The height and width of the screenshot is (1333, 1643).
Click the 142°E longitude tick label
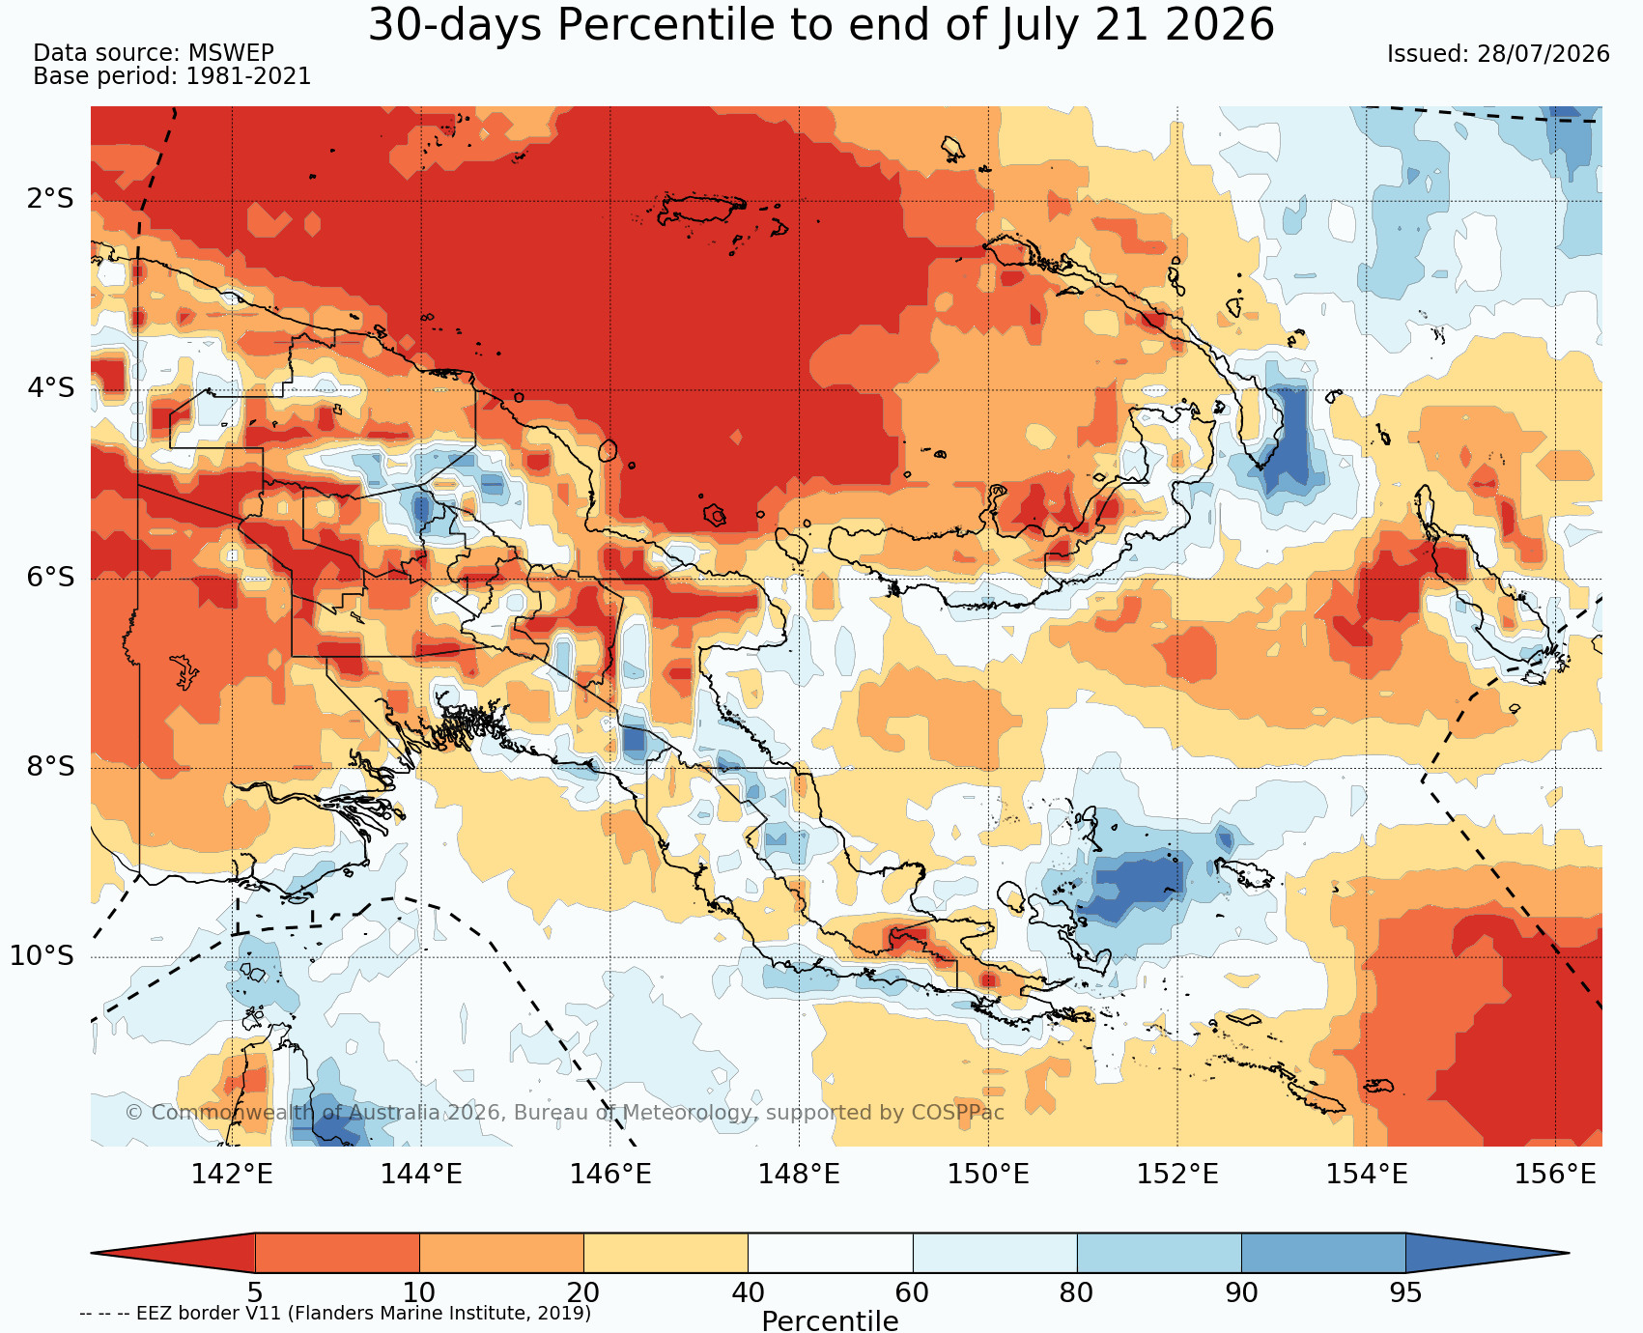(x=232, y=1174)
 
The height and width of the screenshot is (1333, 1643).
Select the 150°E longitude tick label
(x=988, y=1174)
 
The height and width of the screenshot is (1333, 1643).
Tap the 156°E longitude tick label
(x=1555, y=1174)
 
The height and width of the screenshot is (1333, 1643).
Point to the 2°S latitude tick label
(x=50, y=200)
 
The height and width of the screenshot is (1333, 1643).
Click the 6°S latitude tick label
(x=50, y=578)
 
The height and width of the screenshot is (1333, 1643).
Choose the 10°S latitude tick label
(x=42, y=956)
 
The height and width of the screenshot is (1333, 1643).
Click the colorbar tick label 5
(x=255, y=1292)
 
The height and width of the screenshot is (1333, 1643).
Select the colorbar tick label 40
(x=748, y=1292)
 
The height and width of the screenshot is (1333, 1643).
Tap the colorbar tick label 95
(x=1405, y=1292)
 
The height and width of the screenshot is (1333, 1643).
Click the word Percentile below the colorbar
(x=830, y=1320)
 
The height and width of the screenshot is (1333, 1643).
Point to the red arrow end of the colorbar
(x=173, y=1253)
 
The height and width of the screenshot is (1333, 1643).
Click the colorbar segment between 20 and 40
(x=666, y=1253)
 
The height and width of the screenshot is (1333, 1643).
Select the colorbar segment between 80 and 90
(x=1159, y=1253)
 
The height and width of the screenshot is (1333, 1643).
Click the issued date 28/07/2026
(x=1544, y=54)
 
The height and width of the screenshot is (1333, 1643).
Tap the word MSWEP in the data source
(x=231, y=53)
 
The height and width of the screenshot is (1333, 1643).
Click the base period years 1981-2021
(x=248, y=76)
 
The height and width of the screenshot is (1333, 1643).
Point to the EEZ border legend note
(x=335, y=1314)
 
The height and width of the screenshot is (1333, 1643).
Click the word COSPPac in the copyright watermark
(x=958, y=1113)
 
